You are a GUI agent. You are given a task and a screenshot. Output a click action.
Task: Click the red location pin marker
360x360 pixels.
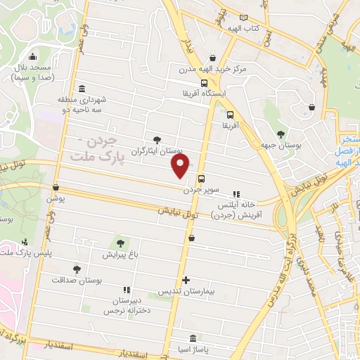tap(180, 165)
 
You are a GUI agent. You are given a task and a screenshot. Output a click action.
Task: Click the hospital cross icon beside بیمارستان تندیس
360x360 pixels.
tap(186, 279)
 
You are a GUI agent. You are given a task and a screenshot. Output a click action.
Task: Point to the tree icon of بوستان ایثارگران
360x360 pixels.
tap(157, 140)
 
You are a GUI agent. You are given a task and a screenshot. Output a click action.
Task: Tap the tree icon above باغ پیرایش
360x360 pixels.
tap(120, 243)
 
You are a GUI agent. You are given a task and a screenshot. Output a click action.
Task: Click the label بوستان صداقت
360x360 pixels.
tap(77, 279)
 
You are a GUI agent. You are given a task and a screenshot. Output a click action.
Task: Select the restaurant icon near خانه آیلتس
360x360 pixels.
tap(236, 194)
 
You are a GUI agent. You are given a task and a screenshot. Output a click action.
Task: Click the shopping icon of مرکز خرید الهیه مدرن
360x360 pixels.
tap(213, 59)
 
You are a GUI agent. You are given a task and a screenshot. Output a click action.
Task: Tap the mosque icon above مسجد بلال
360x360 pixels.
tap(32, 57)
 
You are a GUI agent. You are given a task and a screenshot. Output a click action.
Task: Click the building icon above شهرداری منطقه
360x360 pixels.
tap(83, 89)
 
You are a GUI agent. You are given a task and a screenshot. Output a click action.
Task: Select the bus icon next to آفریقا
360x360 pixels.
tap(231, 114)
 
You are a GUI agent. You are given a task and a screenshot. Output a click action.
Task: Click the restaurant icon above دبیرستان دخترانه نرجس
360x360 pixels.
tap(127, 290)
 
